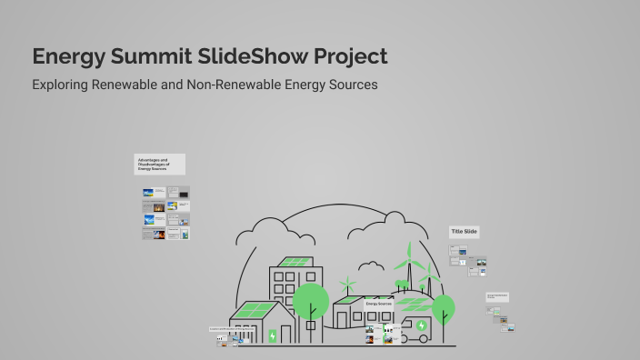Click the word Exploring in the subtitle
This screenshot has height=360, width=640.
click(61, 85)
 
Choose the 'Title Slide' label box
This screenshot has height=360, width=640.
click(464, 232)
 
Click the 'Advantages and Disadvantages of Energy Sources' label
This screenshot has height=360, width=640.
click(160, 164)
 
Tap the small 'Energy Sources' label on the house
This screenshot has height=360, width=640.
click(378, 303)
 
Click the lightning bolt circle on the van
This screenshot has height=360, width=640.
click(421, 325)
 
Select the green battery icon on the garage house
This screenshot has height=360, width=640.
click(272, 335)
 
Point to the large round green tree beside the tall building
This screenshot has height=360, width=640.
click(311, 301)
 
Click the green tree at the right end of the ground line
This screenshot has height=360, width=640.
click(443, 306)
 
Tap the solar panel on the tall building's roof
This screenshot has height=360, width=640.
click(294, 262)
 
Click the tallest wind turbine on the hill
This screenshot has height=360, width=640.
click(409, 258)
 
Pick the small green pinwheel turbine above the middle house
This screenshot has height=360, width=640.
click(348, 285)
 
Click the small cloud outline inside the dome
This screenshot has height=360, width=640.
click(370, 266)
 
